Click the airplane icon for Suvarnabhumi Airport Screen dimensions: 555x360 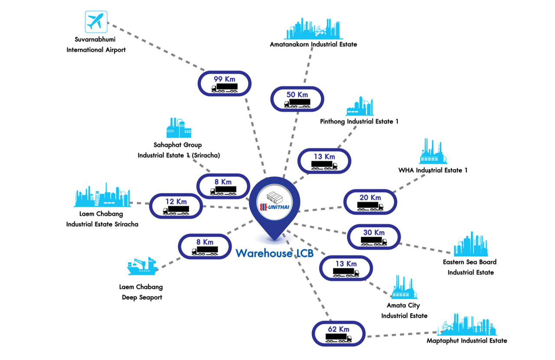[96, 22]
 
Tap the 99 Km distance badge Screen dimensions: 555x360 [225, 83]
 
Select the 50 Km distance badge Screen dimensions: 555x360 [297, 99]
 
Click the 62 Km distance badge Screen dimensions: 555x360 [339, 334]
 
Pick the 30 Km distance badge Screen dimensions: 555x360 [374, 237]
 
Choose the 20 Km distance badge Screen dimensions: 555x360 [370, 202]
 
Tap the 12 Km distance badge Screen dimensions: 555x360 [176, 206]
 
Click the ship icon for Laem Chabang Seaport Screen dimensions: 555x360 [142, 266]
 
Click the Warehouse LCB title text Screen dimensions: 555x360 [274, 253]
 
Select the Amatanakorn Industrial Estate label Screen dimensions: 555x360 [313, 44]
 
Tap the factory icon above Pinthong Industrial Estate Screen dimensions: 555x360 [359, 106]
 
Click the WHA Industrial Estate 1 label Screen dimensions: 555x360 [433, 170]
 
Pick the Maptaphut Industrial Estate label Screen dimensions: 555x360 [467, 340]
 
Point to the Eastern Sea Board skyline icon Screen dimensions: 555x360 [471, 244]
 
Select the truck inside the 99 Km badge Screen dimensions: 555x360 [225, 88]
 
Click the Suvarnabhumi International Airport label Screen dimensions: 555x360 [96, 45]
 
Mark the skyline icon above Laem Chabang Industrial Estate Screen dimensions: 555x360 [102, 195]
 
